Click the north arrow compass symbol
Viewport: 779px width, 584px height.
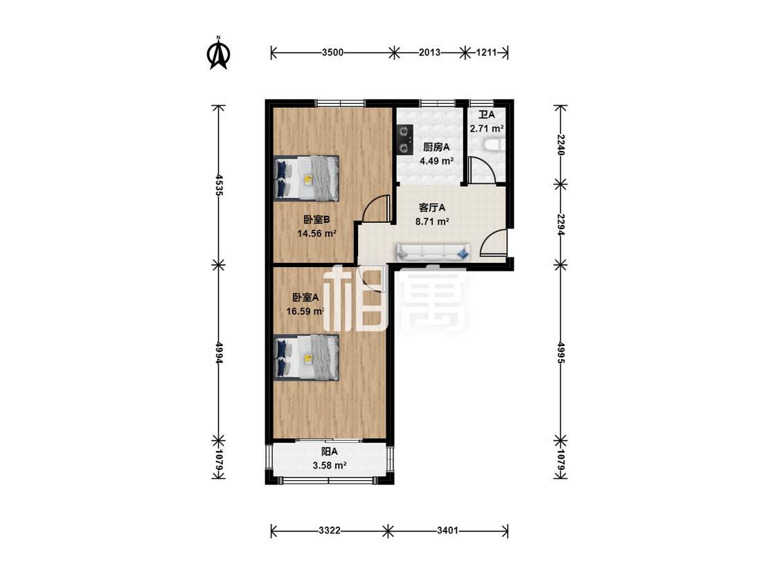pos(217,53)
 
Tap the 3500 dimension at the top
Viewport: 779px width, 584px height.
pos(332,52)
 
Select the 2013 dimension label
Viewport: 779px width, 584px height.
pos(429,52)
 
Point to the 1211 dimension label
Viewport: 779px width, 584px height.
pos(486,52)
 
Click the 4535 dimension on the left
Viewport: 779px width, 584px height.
pos(217,184)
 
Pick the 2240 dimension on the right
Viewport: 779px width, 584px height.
pos(560,145)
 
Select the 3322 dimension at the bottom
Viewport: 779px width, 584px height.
pos(330,531)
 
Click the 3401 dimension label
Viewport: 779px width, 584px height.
pos(447,531)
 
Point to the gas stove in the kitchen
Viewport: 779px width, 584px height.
pos(404,140)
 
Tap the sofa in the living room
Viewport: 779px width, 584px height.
pos(433,253)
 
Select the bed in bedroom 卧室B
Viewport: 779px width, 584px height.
pos(307,179)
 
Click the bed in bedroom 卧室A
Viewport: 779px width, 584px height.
pos(307,358)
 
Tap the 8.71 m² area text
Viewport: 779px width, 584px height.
pos(432,221)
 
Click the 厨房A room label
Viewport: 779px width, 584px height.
pos(436,147)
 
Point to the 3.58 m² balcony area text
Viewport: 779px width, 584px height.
pos(330,466)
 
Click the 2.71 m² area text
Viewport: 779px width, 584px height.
pos(487,129)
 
